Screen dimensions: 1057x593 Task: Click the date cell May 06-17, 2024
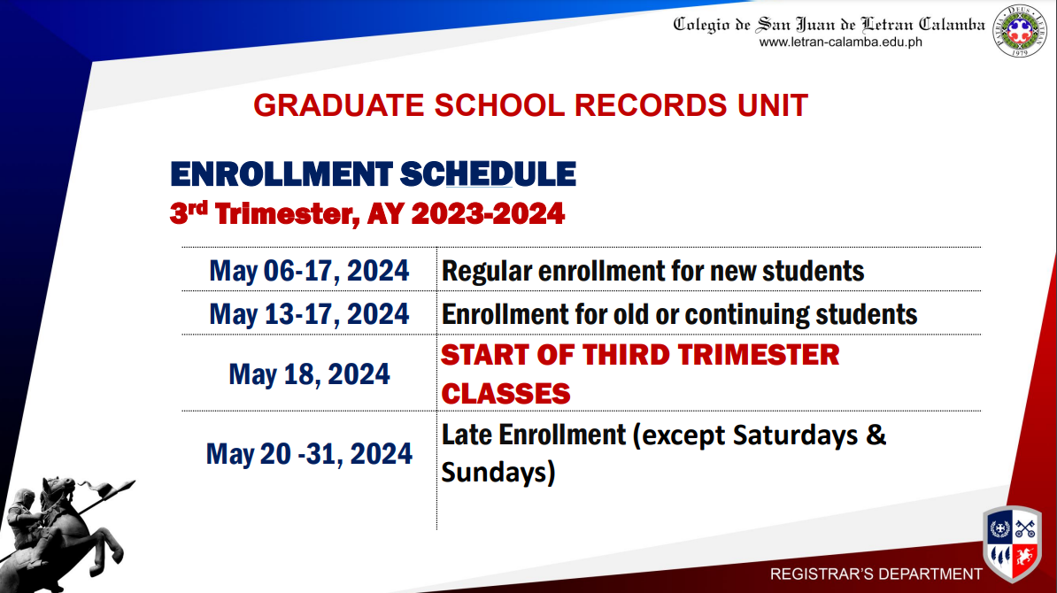tap(309, 271)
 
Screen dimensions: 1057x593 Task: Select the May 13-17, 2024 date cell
tap(309, 314)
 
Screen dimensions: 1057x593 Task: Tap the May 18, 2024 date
tap(310, 374)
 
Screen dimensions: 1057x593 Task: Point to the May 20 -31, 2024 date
tap(309, 453)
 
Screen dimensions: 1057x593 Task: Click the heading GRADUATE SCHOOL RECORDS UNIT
tap(530, 105)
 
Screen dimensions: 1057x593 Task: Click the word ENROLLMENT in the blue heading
tap(282, 173)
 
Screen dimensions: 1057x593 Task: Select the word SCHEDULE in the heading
tap(488, 173)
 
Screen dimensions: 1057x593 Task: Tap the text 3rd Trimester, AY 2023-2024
tap(367, 213)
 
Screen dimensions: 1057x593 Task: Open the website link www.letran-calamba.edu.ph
tap(841, 42)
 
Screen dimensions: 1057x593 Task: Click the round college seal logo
tap(1020, 30)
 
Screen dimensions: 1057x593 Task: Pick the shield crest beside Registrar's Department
tap(1012, 543)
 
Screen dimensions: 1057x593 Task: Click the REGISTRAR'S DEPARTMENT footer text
tap(876, 574)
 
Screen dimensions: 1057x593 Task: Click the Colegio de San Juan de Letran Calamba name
tap(829, 25)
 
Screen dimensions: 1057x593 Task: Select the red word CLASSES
tap(505, 394)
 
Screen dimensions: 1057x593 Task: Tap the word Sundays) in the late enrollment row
tap(498, 473)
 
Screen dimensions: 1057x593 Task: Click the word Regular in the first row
tap(487, 272)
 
